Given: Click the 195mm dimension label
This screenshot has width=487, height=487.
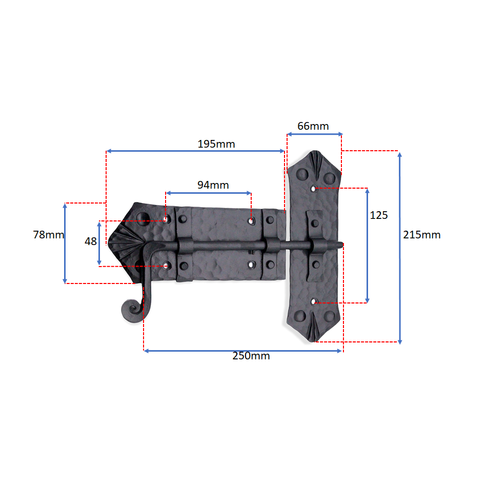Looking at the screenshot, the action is (x=216, y=144).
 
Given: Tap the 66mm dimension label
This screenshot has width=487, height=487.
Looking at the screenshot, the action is (x=313, y=126).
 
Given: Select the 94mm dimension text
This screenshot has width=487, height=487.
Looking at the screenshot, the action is (x=213, y=185).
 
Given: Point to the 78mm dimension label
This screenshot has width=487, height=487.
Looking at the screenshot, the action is (x=49, y=234).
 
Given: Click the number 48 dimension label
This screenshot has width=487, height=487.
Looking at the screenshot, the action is (x=91, y=241).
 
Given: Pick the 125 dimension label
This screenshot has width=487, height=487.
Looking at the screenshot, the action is (x=379, y=215).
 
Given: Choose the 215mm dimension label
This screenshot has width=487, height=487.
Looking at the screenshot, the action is (x=422, y=235).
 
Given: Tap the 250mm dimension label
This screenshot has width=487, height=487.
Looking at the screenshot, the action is (x=251, y=356).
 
